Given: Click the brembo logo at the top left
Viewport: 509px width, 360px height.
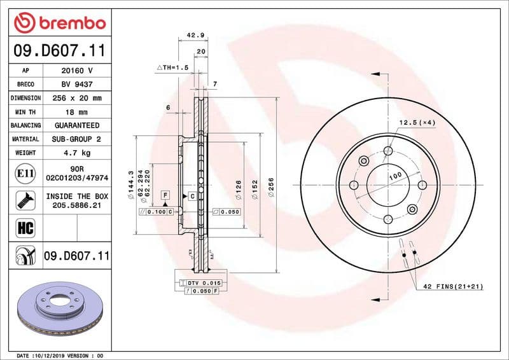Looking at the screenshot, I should pos(59,24).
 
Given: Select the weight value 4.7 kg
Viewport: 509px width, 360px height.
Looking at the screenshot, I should pos(76,153).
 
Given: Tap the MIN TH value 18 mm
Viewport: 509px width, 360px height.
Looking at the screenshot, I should pos(76,112).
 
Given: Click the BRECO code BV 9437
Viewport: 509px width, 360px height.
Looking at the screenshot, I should pos(76,84).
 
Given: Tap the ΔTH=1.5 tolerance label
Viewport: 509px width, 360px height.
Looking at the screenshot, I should pos(173,67).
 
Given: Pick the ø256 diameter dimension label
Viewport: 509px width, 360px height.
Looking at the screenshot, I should pos(272,188).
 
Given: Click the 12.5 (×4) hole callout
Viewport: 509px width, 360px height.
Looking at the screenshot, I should pos(417,122).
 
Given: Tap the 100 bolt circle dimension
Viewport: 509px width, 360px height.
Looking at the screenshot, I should pos(394,175).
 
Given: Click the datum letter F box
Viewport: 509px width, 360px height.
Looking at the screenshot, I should pos(165,194).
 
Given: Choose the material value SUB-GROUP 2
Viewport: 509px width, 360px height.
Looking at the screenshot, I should pos(76,139).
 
